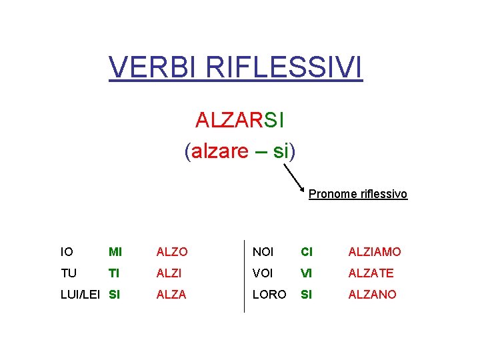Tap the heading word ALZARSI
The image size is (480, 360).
[x=240, y=120]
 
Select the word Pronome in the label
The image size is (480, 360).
[x=332, y=194]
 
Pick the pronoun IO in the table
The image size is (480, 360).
[x=67, y=252]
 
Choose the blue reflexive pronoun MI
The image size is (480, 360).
[x=115, y=252]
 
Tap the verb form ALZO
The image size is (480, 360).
[x=172, y=252]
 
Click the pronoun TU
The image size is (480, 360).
[x=68, y=273]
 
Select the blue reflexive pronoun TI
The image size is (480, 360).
[x=113, y=273]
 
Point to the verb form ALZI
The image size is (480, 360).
[x=169, y=273]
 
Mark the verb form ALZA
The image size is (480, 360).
[x=171, y=294]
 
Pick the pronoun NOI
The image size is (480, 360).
[x=263, y=252]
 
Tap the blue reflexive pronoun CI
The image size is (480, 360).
[x=307, y=252]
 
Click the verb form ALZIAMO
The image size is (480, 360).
[x=375, y=252]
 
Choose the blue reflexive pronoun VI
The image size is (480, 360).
[x=307, y=273]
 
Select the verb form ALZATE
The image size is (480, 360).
[x=371, y=273]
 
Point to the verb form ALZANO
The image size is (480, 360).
[x=372, y=294]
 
